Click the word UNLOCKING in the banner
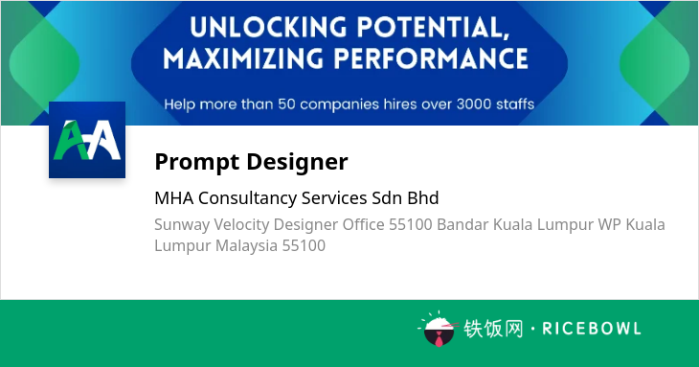(268, 27)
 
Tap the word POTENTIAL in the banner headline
(433, 27)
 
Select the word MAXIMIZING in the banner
(243, 58)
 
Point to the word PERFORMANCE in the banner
(431, 58)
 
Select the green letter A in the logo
(71, 140)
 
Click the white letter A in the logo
(103, 140)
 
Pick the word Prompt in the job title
(197, 162)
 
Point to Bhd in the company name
(423, 197)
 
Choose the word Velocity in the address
(241, 225)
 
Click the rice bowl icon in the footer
(439, 329)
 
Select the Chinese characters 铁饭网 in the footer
(493, 329)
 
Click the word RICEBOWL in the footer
(592, 329)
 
